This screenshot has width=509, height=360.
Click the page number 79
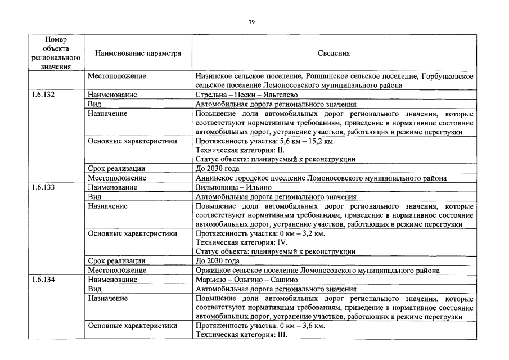[251, 22]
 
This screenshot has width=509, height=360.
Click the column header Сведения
[334, 53]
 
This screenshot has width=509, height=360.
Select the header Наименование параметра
[138, 53]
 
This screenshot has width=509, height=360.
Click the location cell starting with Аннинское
[321, 178]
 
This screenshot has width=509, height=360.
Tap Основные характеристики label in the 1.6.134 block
[132, 326]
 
